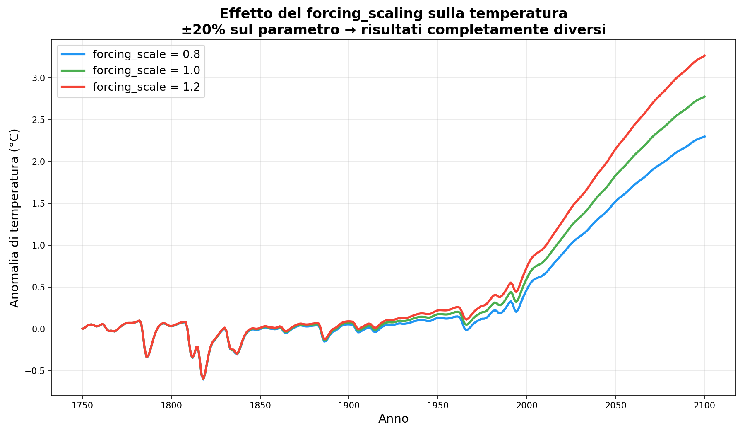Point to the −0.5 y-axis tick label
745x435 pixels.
pyautogui.click(x=36, y=371)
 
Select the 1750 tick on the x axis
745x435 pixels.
pyautogui.click(x=82, y=406)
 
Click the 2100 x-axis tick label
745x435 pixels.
pyautogui.click(x=704, y=406)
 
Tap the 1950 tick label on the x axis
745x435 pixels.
pyautogui.click(x=437, y=406)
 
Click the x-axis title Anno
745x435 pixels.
pyautogui.click(x=393, y=419)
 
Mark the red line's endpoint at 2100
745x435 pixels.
pyautogui.click(x=704, y=55)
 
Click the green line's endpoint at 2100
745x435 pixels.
pyautogui.click(x=704, y=97)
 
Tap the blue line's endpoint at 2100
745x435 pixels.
pyautogui.click(x=704, y=136)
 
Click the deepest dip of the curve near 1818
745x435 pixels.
pyautogui.click(x=203, y=379)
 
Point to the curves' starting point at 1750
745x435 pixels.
pyautogui.click(x=82, y=329)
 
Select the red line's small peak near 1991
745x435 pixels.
pyautogui.click(x=511, y=283)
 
